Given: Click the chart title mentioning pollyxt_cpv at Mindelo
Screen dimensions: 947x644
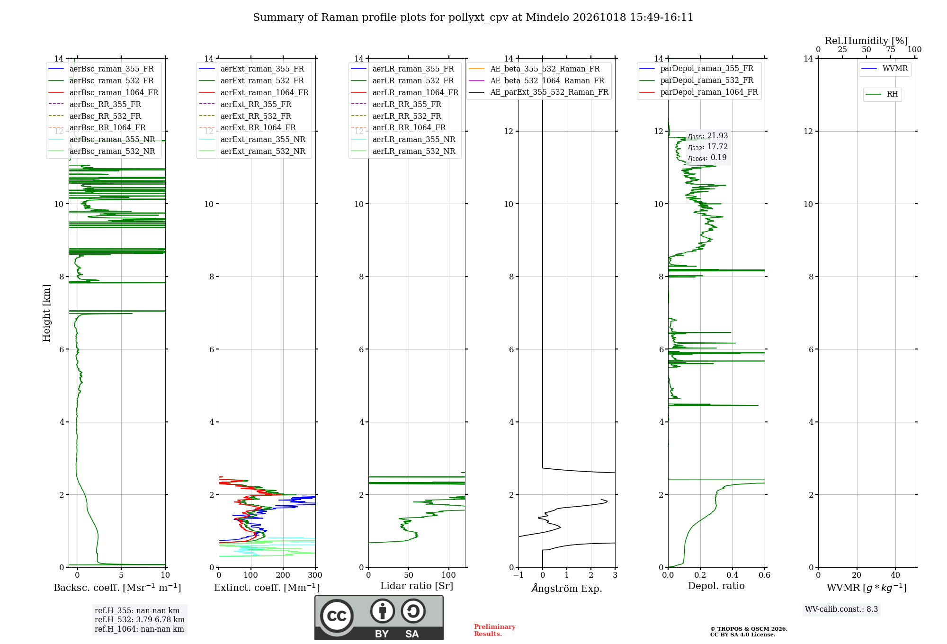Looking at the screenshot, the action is [473, 18].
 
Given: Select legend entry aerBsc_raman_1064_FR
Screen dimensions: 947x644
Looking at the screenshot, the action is [103, 92].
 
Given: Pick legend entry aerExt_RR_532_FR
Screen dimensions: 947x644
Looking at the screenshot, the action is [245, 116].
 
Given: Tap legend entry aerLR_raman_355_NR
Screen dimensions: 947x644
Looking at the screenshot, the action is [403, 139].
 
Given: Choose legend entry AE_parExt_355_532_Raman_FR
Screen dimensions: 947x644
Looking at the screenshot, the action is [538, 92].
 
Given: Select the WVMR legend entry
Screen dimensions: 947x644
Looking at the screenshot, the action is [884, 69].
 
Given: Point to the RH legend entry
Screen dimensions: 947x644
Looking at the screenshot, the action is [882, 94].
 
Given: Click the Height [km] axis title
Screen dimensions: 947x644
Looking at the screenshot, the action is [46, 313].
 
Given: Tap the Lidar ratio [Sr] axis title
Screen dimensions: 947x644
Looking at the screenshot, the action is [417, 586].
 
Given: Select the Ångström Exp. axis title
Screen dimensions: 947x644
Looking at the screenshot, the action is [567, 588].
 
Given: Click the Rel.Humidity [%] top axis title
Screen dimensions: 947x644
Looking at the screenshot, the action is [867, 41].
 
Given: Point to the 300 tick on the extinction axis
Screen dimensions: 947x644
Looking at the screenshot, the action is [315, 575].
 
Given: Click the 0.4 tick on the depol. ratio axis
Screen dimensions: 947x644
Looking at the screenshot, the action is [733, 575].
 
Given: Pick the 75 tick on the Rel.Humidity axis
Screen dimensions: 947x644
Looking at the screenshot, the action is [891, 49].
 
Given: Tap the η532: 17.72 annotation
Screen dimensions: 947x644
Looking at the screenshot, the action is [708, 147].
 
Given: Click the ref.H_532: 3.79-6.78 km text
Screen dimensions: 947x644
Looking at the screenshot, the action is [140, 619].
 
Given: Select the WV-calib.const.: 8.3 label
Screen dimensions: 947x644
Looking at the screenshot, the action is [841, 609].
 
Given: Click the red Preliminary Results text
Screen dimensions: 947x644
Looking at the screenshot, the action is [495, 630].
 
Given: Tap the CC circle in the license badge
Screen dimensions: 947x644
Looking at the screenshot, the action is [337, 616].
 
